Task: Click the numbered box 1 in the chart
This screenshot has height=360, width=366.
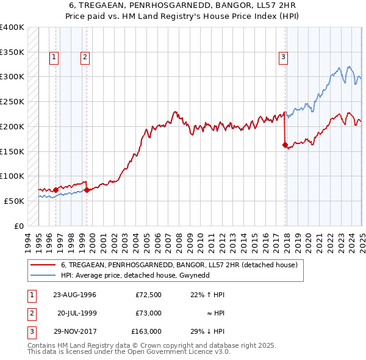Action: pos(54,57)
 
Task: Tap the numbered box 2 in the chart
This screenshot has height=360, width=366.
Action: pos(85,57)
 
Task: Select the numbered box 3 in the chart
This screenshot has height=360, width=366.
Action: pos(284,58)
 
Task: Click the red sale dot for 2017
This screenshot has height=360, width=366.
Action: pos(285,145)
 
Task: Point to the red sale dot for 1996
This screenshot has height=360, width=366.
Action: pos(56,190)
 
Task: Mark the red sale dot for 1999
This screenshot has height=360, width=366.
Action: pos(87,190)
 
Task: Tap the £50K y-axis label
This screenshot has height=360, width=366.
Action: pos(15,201)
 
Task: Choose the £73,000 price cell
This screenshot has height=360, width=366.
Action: pos(148,313)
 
